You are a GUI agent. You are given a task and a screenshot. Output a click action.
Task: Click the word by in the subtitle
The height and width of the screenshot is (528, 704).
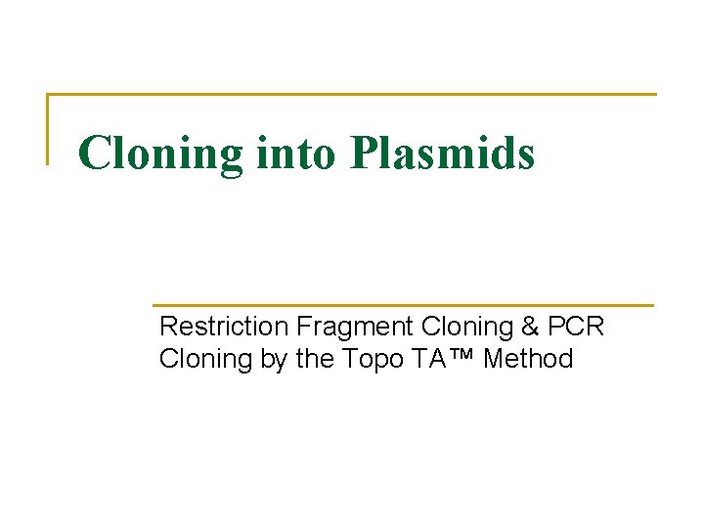[x=275, y=360]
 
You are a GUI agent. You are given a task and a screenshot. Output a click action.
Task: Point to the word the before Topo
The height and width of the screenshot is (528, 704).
[x=315, y=359]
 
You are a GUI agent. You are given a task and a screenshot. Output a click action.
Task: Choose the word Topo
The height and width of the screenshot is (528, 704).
[x=372, y=360]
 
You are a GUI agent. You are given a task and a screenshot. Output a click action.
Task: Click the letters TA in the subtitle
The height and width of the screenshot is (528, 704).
[x=428, y=359]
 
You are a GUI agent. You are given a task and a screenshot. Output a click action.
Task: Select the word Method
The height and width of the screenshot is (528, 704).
[x=528, y=359]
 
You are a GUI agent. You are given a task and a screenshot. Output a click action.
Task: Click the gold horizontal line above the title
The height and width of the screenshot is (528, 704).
[x=352, y=95]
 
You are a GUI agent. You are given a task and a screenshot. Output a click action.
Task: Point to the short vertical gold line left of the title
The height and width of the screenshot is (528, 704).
[x=48, y=128]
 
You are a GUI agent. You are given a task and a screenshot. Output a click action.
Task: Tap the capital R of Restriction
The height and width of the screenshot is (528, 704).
[x=167, y=326]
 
